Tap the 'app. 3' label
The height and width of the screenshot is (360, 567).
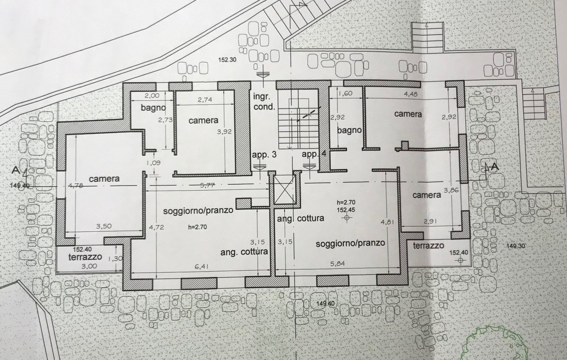(x=262, y=155)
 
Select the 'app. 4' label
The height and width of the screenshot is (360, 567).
(x=314, y=154)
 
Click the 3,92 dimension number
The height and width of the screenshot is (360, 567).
(x=224, y=132)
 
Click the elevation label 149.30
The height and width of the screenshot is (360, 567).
(x=515, y=245)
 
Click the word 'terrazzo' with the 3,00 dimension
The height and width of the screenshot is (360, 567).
(x=85, y=257)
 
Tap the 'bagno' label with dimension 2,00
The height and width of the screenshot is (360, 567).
(x=154, y=108)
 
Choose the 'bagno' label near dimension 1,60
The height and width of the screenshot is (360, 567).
(x=349, y=130)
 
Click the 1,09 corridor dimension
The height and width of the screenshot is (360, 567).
(x=153, y=162)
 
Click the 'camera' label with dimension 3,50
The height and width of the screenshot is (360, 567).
(x=104, y=179)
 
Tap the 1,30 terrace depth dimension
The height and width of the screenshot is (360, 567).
(x=113, y=258)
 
